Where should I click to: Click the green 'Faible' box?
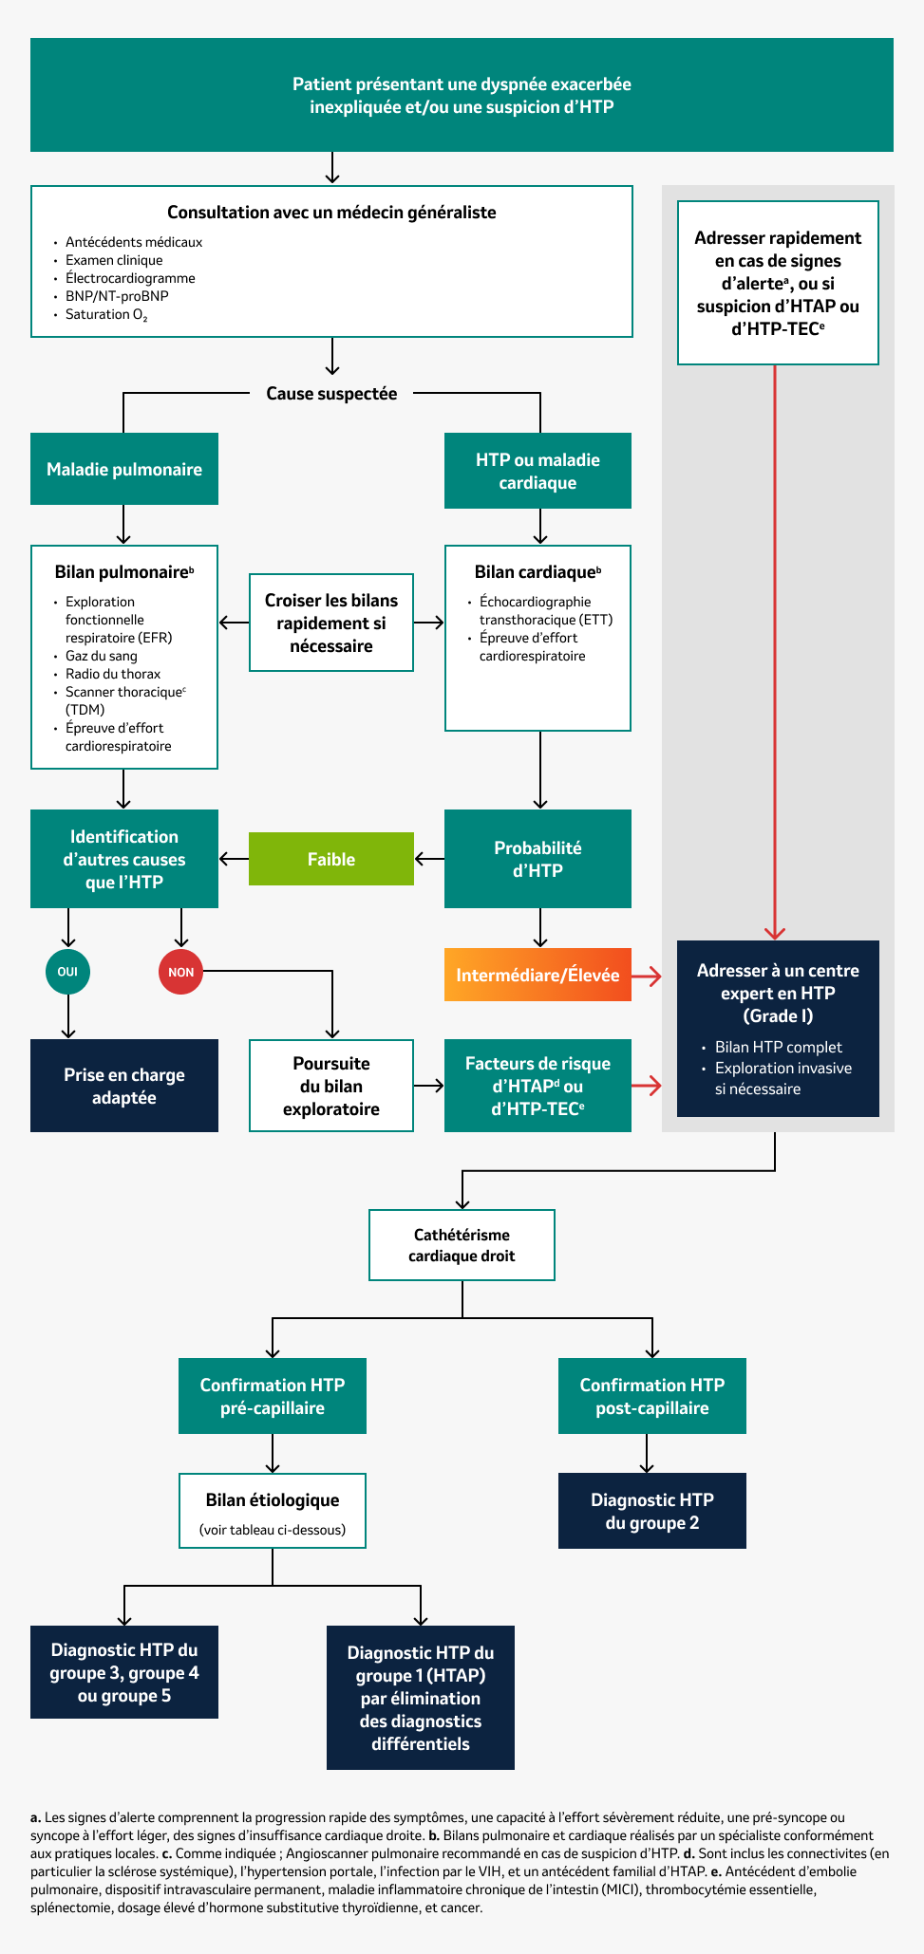tap(330, 859)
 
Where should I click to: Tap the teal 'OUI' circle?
tap(67, 972)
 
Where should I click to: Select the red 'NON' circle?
tap(180, 972)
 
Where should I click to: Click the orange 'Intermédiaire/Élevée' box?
tap(537, 975)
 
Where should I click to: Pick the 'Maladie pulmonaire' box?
tap(124, 469)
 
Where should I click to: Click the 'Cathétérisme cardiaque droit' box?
tap(462, 1245)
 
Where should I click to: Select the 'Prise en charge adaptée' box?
tap(124, 1086)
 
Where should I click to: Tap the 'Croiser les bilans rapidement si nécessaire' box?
tap(330, 623)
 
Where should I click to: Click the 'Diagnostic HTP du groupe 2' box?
tap(651, 1511)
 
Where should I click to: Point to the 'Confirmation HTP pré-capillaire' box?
tap(273, 1396)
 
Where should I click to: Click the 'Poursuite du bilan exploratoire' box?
tap(330, 1086)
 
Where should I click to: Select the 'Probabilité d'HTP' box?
tap(537, 859)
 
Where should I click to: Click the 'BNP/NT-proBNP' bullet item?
tap(117, 296)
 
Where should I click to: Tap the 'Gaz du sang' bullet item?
tap(101, 656)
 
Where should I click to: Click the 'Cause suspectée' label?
tap(330, 393)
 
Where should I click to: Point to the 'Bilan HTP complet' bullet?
tap(778, 1047)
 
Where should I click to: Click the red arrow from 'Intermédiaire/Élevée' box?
tap(647, 976)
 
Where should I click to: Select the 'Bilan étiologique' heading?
tap(273, 1499)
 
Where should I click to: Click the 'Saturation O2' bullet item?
tap(105, 315)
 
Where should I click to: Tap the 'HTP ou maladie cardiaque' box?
tap(537, 471)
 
